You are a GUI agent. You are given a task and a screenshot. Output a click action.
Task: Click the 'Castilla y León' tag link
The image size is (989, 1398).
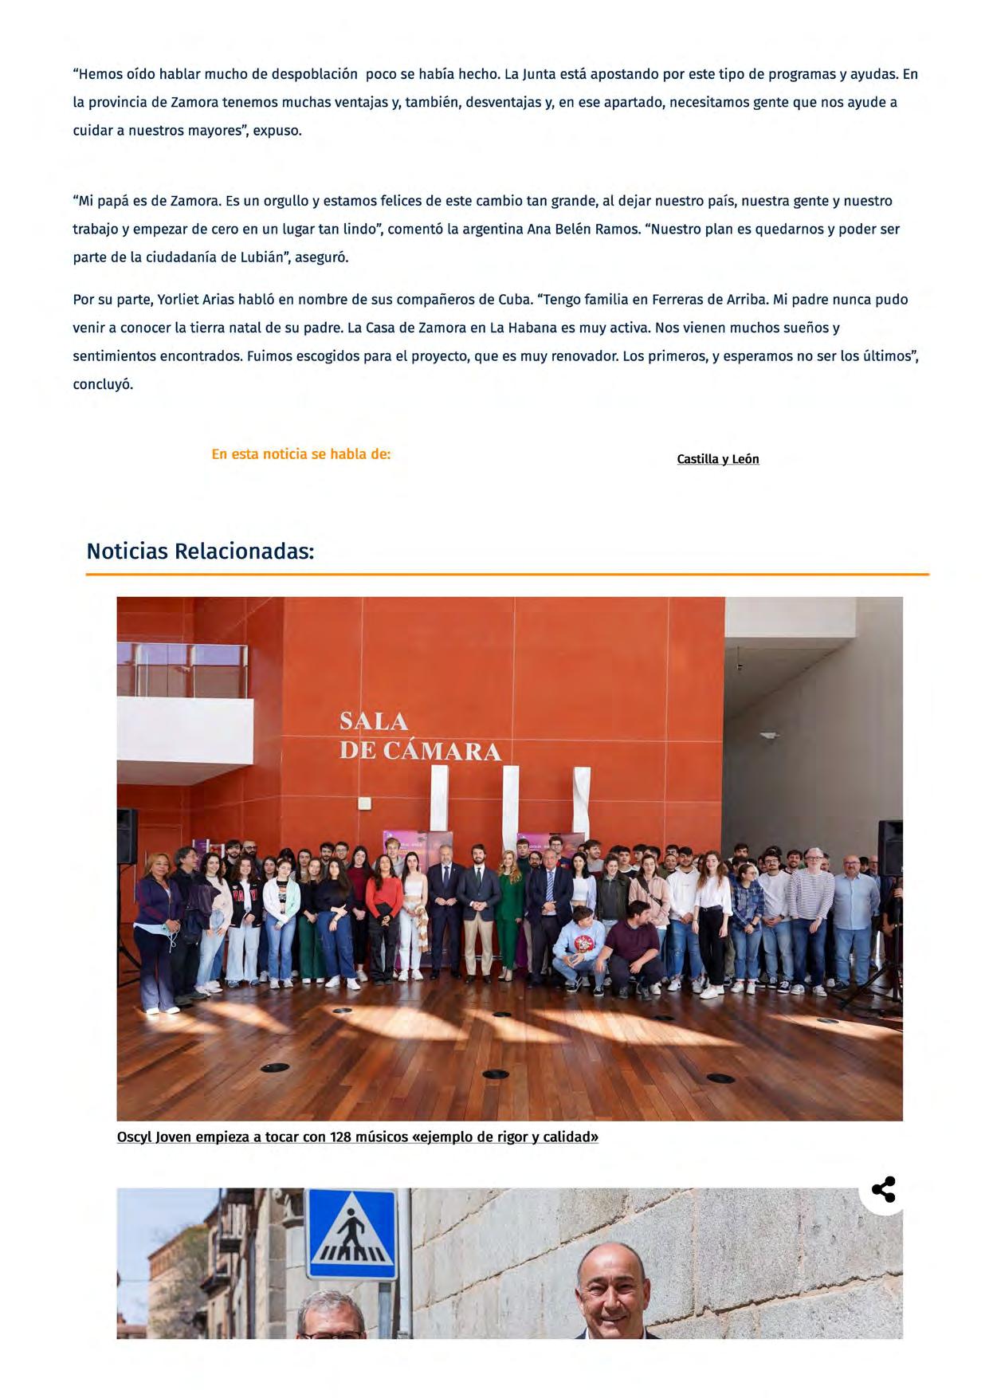(x=717, y=459)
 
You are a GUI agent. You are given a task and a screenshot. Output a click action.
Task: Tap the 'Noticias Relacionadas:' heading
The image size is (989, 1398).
(x=200, y=551)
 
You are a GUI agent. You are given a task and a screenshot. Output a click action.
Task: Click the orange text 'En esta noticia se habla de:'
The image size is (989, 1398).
(x=300, y=454)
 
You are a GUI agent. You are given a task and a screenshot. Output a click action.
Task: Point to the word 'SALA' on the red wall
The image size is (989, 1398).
(x=373, y=721)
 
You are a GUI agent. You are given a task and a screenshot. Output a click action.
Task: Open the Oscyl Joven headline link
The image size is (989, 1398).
(x=357, y=1137)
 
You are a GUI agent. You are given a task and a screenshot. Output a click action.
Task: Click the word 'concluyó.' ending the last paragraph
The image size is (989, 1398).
(x=103, y=384)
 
